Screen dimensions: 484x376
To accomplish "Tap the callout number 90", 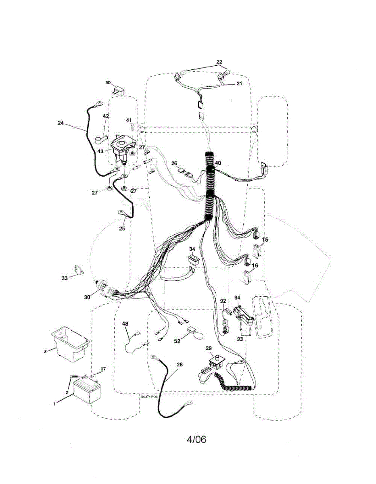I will click(x=108, y=83).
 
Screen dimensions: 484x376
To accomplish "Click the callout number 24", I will click(x=61, y=123).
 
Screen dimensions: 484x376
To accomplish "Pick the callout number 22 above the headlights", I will click(x=219, y=62).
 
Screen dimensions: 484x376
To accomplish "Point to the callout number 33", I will click(x=65, y=278).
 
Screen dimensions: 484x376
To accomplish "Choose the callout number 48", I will click(x=125, y=323).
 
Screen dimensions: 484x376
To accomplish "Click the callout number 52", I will click(x=177, y=341).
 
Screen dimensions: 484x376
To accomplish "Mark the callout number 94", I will click(x=237, y=298).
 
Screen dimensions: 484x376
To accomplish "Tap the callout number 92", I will click(x=223, y=301).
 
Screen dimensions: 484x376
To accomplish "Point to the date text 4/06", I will click(x=196, y=439).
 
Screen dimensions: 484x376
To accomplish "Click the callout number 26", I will click(x=174, y=163).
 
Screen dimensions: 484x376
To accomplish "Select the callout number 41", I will click(x=129, y=120).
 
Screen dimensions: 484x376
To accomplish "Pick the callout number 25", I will click(x=122, y=228).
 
